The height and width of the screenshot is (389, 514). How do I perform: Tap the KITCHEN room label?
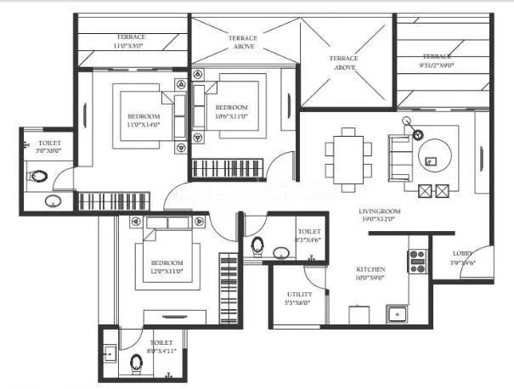(371, 272)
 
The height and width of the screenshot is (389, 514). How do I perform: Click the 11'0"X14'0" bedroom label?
(144, 120)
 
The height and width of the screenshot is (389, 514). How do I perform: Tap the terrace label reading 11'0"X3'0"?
(131, 42)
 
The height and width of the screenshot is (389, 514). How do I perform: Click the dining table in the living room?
(347, 153)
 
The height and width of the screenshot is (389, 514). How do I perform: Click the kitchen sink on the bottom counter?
(398, 314)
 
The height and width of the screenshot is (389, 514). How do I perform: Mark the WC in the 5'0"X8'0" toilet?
(37, 178)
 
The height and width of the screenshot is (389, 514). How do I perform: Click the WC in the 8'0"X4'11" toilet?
(138, 364)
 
